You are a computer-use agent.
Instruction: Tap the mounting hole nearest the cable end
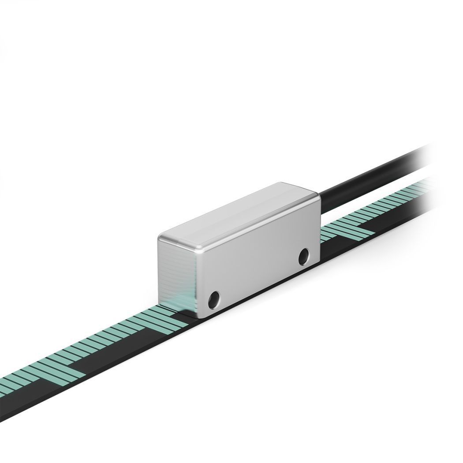[x=303, y=257]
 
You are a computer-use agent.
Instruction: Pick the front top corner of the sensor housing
[x=160, y=238]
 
